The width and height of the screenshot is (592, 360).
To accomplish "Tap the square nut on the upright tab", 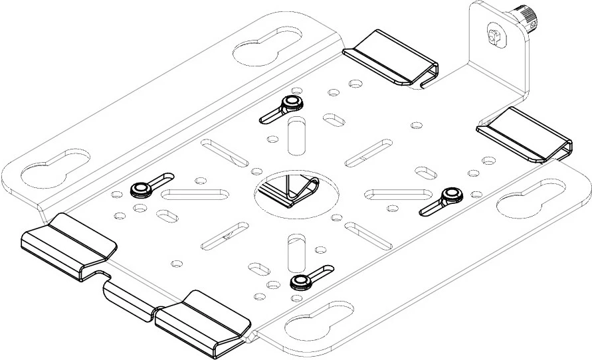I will pyautogui.click(x=493, y=36).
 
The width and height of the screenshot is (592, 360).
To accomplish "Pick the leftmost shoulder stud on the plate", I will pyautogui.click(x=140, y=190).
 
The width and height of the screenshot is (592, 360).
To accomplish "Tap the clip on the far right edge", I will pyautogui.click(x=525, y=134).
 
